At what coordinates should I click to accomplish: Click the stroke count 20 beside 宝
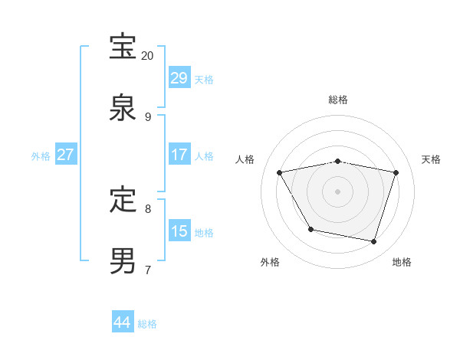[148, 56]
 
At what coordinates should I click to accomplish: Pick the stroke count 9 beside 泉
[148, 117]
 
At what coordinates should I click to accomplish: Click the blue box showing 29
[179, 78]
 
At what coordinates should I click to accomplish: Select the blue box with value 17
[179, 155]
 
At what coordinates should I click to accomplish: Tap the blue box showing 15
[179, 231]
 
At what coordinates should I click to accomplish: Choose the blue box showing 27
[66, 155]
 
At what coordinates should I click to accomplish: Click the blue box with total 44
[123, 322]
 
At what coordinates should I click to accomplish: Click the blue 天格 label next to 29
[204, 79]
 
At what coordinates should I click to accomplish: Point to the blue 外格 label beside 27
[41, 155]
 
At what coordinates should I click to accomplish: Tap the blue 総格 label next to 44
[147, 324]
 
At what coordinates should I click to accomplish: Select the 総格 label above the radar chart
[338, 100]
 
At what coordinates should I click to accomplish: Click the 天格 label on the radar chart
[431, 159]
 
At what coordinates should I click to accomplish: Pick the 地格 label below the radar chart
[402, 262]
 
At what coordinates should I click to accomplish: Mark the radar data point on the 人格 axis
[280, 173]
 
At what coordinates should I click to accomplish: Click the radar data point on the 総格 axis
[338, 161]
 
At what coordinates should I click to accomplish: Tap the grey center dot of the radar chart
[338, 191]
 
